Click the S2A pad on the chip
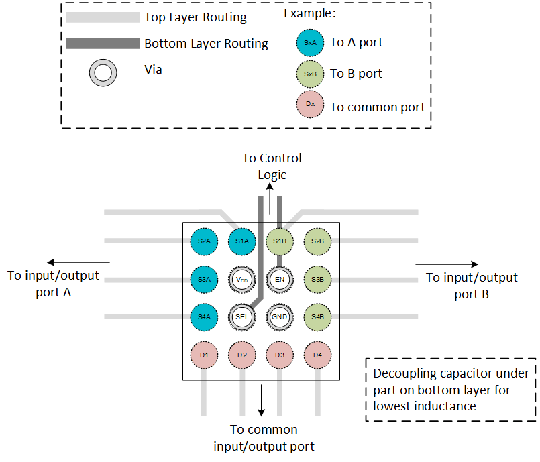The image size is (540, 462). (204, 240)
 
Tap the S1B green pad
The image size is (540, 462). (280, 240)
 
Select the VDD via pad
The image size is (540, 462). (242, 278)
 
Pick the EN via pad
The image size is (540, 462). (280, 278)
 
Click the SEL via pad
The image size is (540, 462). (242, 316)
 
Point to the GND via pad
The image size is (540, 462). (280, 316)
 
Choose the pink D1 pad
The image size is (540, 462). (204, 354)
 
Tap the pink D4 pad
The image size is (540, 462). (318, 354)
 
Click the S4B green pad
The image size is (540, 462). (318, 316)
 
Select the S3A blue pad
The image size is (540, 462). (204, 278)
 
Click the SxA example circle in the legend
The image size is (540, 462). (310, 42)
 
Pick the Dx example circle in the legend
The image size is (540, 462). (310, 105)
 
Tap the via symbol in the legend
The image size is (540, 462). (104, 72)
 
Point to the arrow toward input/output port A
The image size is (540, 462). (78, 262)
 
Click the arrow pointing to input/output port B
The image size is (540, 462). (447, 264)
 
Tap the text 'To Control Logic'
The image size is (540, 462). (272, 166)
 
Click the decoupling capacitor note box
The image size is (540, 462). (451, 390)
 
